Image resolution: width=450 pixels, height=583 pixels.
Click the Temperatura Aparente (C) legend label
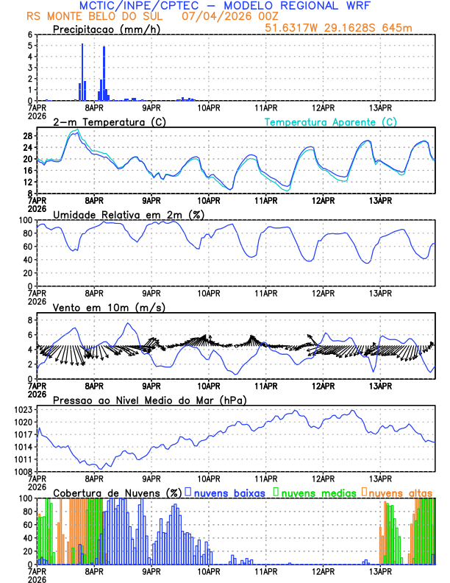point(330,122)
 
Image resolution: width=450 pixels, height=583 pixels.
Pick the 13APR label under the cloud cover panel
point(380,570)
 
